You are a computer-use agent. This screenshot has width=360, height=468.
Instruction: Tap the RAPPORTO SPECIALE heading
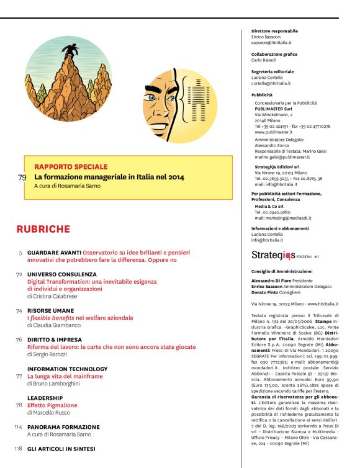pyautogui.click(x=71, y=167)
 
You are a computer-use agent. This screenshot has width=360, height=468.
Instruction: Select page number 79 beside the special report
pyautogui.click(x=22, y=178)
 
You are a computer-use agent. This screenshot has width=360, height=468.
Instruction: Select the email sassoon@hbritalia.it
pyautogui.click(x=271, y=43)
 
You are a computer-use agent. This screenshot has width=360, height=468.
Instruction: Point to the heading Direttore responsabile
pyautogui.click(x=274, y=31)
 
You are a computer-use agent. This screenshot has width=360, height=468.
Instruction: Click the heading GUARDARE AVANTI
pyautogui.click(x=59, y=253)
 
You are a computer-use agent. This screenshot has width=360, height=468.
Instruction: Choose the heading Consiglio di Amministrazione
pyautogui.click(x=282, y=271)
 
